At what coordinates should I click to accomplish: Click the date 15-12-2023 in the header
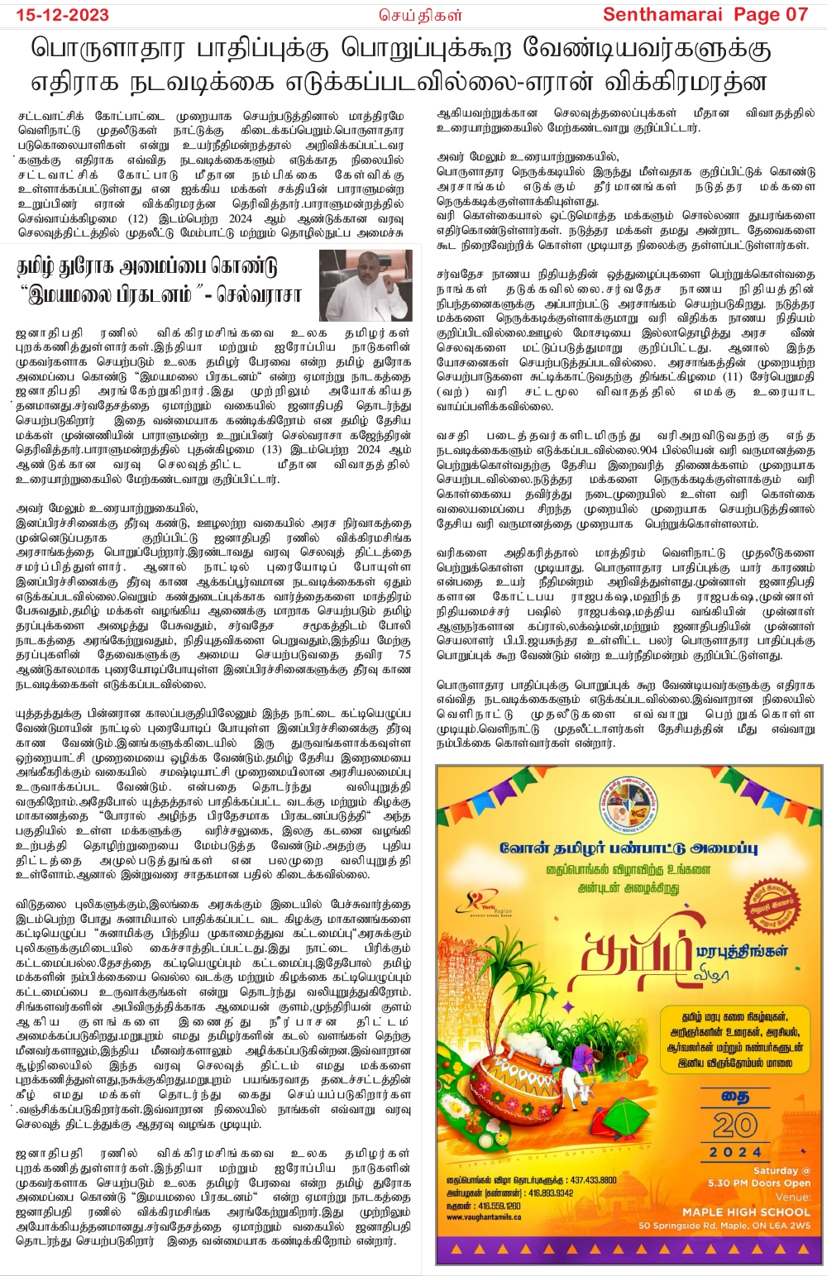pyautogui.click(x=58, y=14)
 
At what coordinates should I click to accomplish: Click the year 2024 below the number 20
pyautogui.click(x=735, y=1152)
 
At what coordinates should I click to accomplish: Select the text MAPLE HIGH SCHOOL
pyautogui.click(x=746, y=1211)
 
